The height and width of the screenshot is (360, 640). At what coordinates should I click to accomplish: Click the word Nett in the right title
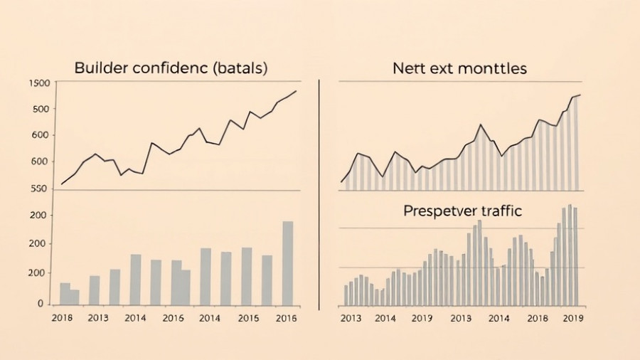[407, 68]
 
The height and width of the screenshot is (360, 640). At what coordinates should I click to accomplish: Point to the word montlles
[492, 68]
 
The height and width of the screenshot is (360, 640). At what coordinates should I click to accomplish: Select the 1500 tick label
[39, 83]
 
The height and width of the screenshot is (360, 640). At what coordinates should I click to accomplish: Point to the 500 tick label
[41, 109]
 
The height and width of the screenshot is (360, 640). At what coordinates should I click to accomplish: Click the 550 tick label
[41, 189]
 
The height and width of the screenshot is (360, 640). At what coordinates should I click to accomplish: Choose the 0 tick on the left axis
[41, 304]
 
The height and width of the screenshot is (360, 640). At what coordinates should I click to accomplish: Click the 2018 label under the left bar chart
[63, 318]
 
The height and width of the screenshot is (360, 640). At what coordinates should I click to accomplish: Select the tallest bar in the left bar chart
[287, 263]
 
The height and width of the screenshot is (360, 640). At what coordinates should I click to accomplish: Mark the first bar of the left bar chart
[65, 294]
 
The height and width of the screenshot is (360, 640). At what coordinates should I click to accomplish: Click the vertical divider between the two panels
[320, 192]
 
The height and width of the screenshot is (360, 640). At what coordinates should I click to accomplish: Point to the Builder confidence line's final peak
[296, 90]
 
